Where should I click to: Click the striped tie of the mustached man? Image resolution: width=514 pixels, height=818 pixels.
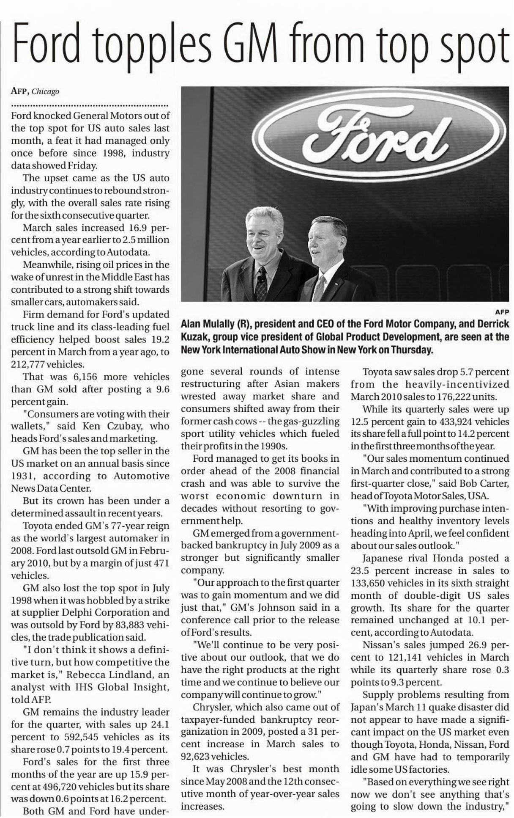click(x=261, y=283)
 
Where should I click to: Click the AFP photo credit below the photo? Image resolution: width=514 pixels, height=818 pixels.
click(x=502, y=311)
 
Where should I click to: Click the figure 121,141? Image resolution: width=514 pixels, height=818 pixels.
click(x=407, y=657)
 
